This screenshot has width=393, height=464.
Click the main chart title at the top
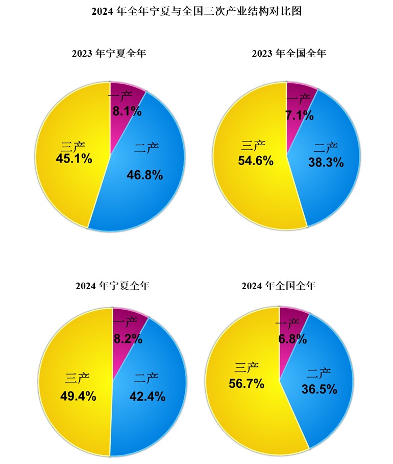tap(196, 11)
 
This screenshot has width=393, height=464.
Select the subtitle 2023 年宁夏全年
tap(109, 54)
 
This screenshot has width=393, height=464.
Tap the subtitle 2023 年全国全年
tap(289, 54)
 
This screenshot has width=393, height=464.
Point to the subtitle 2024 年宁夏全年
tap(112, 286)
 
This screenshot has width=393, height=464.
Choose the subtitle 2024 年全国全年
tap(279, 286)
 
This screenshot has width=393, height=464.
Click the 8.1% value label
tap(127, 111)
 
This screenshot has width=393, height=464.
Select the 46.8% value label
tap(144, 175)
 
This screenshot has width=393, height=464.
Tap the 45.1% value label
tap(74, 159)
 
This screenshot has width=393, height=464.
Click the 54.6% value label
tap(256, 160)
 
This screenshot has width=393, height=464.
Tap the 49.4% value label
tap(78, 396)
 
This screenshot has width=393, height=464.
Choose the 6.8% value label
tap(292, 339)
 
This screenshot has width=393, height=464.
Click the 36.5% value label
tap(320, 389)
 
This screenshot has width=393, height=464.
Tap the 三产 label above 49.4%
tap(78, 379)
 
